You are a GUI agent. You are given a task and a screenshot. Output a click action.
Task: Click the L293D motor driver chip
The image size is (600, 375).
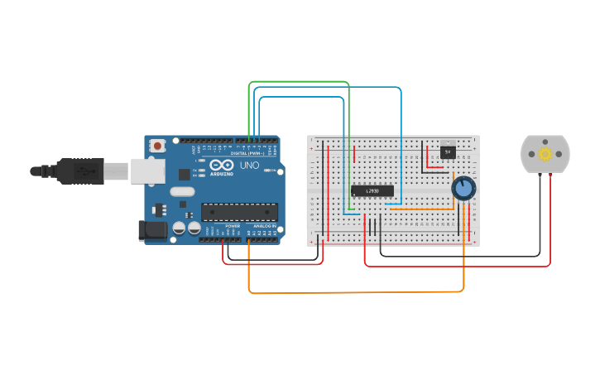click(372, 190)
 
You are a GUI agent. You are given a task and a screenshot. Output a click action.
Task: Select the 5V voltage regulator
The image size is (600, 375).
click(448, 151)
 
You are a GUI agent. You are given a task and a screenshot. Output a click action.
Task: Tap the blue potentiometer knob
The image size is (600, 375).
click(463, 189)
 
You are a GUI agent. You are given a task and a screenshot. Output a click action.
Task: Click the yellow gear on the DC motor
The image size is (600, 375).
click(545, 154)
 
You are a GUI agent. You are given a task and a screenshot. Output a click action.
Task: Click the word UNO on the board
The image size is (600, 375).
click(248, 166)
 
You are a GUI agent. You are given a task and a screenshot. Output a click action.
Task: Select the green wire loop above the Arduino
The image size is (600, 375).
click(298, 82)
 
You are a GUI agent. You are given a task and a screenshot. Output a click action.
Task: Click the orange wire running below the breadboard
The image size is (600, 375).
click(356, 292)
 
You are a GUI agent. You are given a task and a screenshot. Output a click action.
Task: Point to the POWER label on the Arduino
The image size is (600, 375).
click(233, 225)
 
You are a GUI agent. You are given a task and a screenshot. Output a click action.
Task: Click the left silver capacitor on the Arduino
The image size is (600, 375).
click(178, 228)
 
